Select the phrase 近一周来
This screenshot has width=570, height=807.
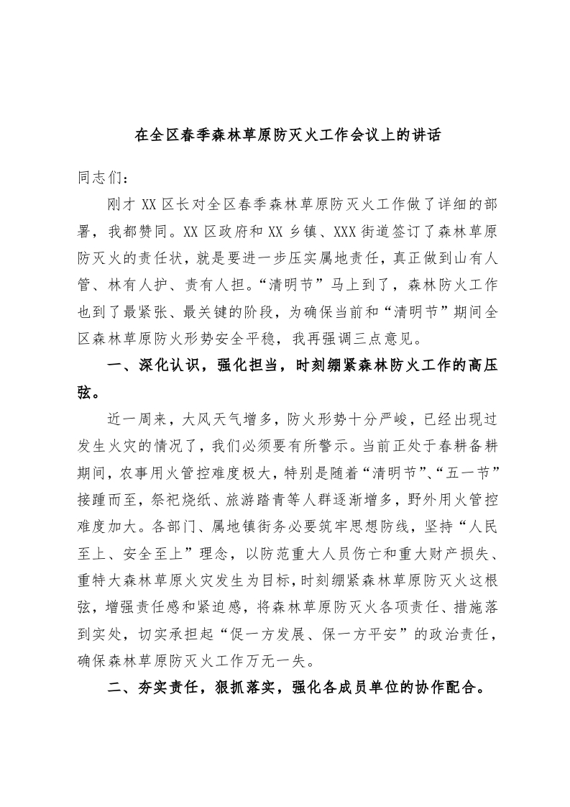click(137, 419)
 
